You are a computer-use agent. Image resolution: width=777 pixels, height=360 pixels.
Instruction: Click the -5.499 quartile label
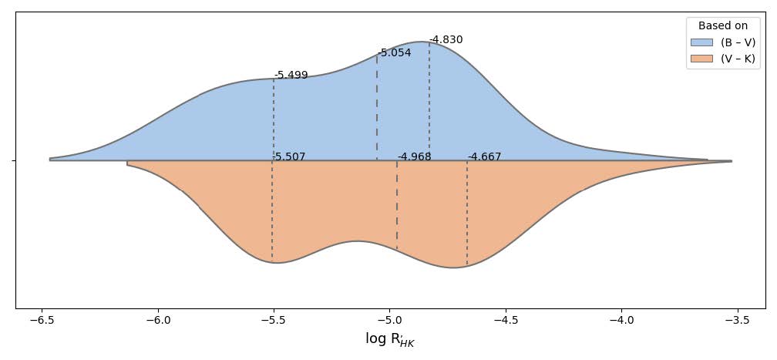pyautogui.click(x=291, y=76)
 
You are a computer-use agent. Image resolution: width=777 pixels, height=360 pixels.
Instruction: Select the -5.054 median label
pyautogui.click(x=395, y=53)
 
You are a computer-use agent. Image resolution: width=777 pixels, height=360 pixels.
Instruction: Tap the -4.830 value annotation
pyautogui.click(x=446, y=40)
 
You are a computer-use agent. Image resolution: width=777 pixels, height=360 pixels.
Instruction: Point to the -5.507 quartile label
pyautogui.click(x=289, y=157)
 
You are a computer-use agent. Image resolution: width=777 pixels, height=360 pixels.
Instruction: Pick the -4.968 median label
pyautogui.click(x=414, y=157)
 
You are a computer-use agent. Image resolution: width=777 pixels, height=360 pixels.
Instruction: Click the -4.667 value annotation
pyautogui.click(x=484, y=157)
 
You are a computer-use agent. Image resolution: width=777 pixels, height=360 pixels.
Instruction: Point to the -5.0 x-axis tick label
pyautogui.click(x=388, y=320)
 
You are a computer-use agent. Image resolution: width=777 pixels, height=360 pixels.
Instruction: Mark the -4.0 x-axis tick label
pyautogui.click(x=620, y=320)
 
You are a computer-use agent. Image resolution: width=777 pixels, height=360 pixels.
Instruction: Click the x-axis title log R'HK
pyautogui.click(x=389, y=339)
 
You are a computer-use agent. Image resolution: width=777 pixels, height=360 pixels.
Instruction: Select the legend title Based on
pyautogui.click(x=722, y=25)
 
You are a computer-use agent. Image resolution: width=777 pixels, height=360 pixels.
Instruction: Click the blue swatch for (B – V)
pyautogui.click(x=702, y=42)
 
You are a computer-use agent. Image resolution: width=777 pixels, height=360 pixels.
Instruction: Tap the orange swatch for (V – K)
pyautogui.click(x=702, y=59)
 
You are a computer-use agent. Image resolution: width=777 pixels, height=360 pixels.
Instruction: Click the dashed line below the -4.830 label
pyautogui.click(x=429, y=100)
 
